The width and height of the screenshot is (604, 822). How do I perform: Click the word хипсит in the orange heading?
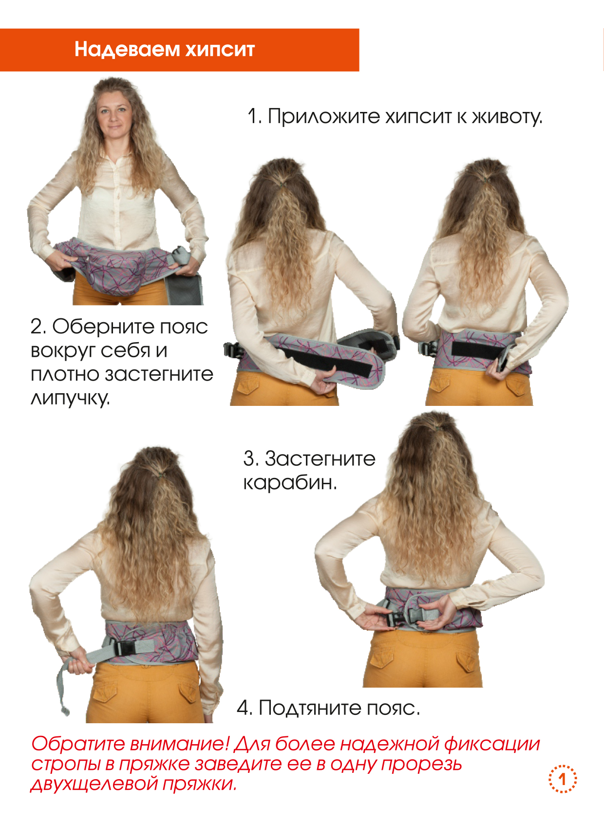pos(220,50)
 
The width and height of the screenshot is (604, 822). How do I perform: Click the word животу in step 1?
pos(507,117)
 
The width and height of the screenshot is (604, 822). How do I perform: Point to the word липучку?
pos(70,398)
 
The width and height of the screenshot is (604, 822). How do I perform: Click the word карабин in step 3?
pos(290,483)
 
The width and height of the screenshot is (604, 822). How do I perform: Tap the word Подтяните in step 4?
pos(310,708)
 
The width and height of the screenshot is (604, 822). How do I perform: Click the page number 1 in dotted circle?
pos(563,779)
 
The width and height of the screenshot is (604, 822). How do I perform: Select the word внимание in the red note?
pos(180,744)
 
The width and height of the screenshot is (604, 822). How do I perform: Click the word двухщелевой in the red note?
pos(94,784)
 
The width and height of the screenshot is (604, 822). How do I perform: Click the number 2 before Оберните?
pos(37,326)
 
